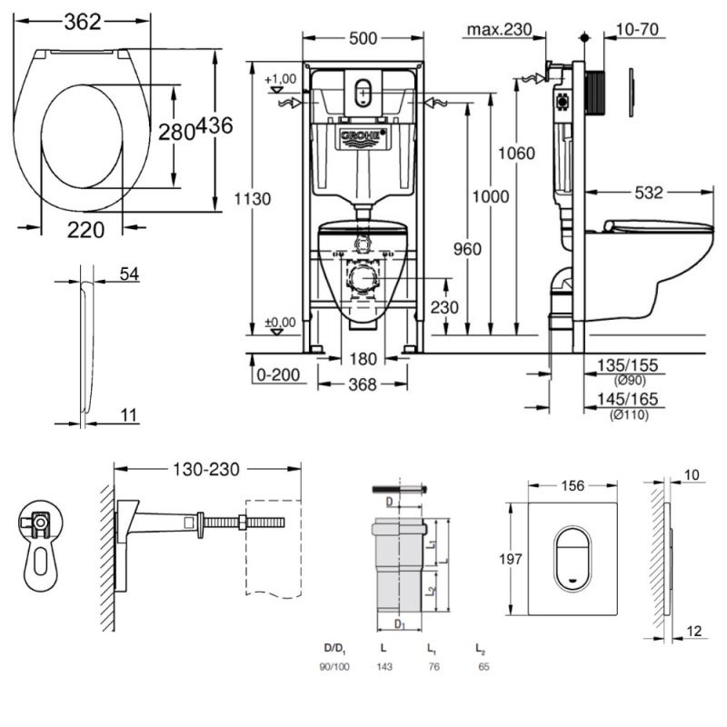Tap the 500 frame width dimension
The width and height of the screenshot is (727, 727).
362,40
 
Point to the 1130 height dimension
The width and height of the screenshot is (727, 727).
251,198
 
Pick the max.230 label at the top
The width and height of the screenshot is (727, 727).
498,30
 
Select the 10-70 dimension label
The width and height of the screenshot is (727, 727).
636,30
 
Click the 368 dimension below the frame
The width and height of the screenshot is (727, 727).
362,385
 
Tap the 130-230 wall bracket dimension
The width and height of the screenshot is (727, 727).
206,469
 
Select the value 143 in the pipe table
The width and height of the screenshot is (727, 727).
384,666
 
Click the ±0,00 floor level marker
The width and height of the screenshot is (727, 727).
281,322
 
